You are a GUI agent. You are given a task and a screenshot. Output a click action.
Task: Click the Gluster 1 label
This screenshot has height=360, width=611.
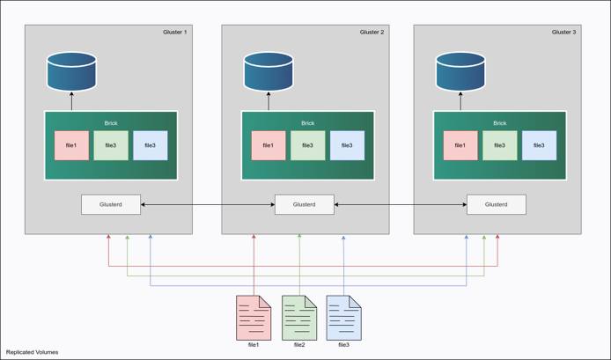click(175, 32)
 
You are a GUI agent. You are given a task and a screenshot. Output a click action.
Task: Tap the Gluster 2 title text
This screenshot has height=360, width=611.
click(372, 32)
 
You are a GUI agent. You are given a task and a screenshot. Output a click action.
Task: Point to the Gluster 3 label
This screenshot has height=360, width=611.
click(563, 32)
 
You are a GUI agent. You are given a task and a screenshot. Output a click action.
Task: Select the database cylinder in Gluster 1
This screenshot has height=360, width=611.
click(71, 72)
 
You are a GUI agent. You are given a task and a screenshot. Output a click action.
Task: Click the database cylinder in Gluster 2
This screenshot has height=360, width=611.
click(268, 72)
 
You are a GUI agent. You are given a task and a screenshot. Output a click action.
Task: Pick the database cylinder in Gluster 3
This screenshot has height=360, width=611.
click(460, 72)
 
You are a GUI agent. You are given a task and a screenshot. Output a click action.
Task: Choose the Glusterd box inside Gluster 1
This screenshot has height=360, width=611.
click(111, 204)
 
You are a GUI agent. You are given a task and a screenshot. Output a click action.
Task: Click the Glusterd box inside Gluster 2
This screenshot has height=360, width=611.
click(305, 204)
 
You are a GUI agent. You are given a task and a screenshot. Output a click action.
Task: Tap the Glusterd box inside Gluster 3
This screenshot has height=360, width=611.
click(497, 204)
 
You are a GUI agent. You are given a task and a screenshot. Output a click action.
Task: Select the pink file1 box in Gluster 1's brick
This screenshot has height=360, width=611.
click(71, 145)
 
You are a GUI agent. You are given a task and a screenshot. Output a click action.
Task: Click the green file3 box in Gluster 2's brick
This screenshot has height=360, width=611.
click(307, 145)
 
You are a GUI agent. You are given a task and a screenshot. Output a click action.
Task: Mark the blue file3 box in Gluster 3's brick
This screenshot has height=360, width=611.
click(539, 145)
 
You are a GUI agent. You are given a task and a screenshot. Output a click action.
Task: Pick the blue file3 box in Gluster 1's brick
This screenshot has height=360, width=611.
click(150, 145)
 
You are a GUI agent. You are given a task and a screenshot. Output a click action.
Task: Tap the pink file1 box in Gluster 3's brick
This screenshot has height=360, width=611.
click(460, 145)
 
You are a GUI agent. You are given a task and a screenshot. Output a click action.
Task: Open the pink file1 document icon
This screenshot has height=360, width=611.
click(254, 317)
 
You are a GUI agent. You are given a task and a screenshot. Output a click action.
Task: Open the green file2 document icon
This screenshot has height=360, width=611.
click(299, 317)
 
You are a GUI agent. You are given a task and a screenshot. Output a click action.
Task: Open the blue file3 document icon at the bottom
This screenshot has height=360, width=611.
click(344, 317)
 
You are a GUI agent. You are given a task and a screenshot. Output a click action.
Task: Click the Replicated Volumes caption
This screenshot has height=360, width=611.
click(33, 352)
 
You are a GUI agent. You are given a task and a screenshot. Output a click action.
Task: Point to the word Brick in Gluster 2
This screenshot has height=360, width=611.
click(307, 123)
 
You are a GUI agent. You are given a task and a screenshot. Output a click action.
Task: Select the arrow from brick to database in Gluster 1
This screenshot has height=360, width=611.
click(71, 101)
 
